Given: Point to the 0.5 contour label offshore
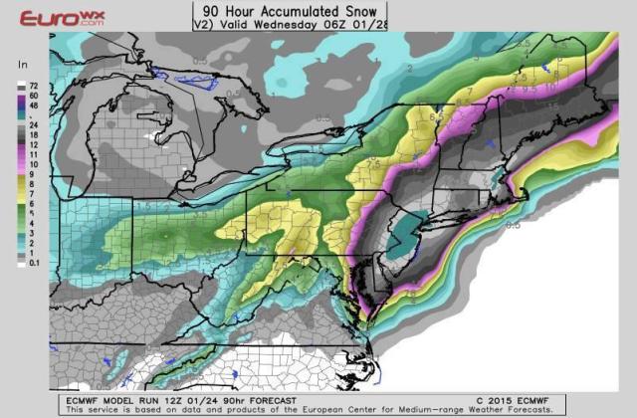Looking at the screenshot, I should (x=513, y=225).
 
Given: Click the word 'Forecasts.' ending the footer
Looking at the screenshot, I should (x=528, y=409).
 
